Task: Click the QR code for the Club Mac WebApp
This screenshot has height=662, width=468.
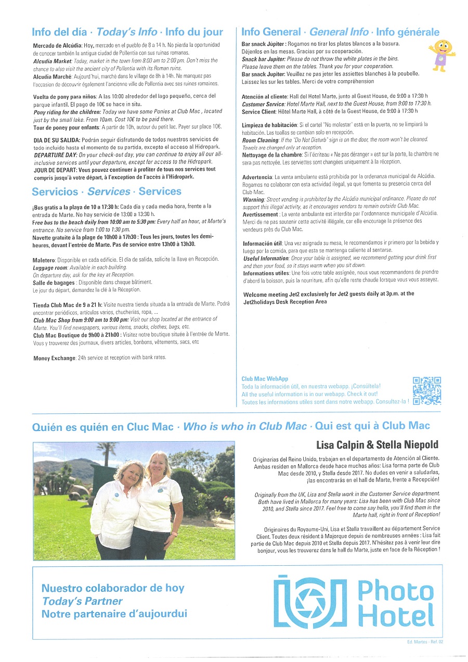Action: [x=426, y=390]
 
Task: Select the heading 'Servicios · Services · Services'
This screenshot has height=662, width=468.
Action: [x=106, y=192]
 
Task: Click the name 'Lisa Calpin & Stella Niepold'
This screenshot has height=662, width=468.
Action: [x=377, y=444]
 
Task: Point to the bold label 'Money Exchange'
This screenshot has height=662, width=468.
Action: [x=54, y=358]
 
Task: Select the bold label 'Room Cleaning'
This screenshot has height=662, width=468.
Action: [x=261, y=140]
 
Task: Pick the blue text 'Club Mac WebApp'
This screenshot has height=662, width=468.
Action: [x=265, y=379]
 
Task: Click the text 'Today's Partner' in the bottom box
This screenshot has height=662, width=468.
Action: [x=82, y=601]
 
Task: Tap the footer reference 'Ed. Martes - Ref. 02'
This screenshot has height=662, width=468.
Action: [x=425, y=642]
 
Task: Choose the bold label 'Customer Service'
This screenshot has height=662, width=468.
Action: [x=264, y=104]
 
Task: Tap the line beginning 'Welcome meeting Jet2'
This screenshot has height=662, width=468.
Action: [x=329, y=294]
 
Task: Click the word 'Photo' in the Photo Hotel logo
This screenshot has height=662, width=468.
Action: [x=395, y=591]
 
